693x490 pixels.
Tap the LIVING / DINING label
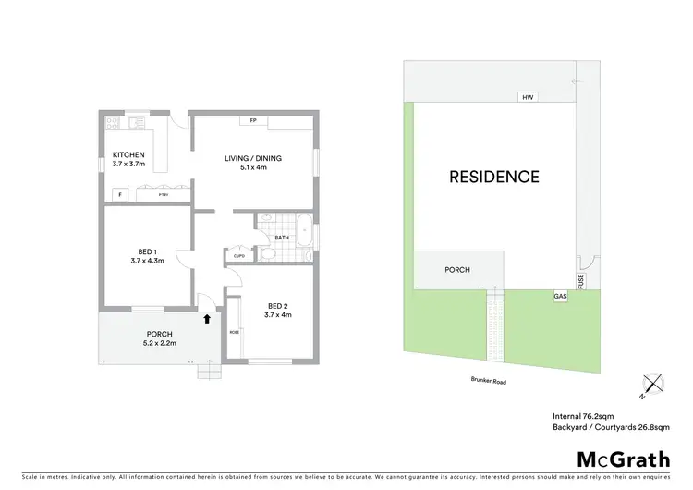click(x=253, y=158)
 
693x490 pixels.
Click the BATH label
click(x=281, y=238)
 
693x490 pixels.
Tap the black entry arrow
click(x=207, y=318)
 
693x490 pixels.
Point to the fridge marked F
click(x=119, y=194)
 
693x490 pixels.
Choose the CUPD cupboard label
click(x=238, y=256)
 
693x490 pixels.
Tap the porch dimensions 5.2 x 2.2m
click(x=160, y=344)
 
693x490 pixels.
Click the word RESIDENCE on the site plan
click(x=494, y=176)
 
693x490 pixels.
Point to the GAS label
click(x=560, y=297)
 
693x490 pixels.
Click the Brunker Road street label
click(x=486, y=381)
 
